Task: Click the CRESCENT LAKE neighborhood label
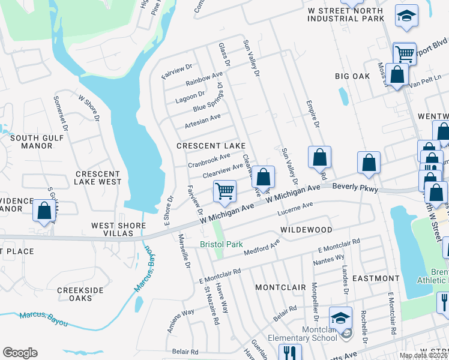pos(210,146)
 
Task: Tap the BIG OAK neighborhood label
pos(352,76)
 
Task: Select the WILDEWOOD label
pos(306,230)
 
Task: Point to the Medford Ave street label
pos(262,246)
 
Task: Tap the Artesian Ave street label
pos(203,120)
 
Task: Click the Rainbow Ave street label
pos(204,79)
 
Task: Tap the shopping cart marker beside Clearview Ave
pos(224,191)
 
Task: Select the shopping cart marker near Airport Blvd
pos(405,54)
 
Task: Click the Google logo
pos(20,353)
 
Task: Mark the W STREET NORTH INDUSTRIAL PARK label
pos(345,14)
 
